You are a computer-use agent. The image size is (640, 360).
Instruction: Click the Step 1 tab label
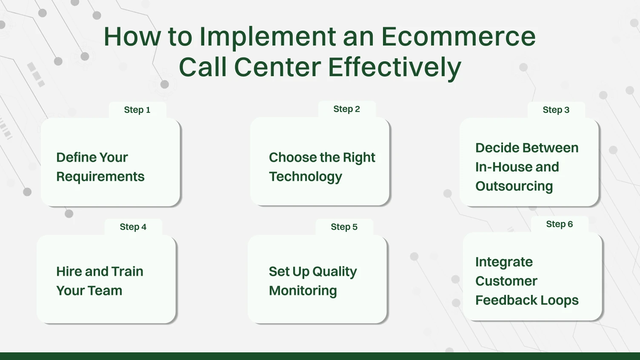pos(137,110)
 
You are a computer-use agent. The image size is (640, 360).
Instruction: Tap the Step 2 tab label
pos(346,109)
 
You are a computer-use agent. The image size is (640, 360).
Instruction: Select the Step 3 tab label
pos(556,110)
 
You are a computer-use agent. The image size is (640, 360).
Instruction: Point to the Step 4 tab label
pos(133,227)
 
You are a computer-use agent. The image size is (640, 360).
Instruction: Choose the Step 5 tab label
pos(344,227)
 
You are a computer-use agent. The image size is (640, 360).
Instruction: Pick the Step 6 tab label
pos(559,224)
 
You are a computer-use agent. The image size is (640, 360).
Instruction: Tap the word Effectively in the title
pos(394,67)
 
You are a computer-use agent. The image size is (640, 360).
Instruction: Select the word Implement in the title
pos(268,37)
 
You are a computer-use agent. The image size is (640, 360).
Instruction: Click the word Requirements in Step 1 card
pos(100,177)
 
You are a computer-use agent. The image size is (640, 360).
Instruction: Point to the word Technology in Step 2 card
pos(305,177)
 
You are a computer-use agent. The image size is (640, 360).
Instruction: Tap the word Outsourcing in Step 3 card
pos(514,186)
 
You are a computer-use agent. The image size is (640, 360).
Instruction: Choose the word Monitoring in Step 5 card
pos(303,291)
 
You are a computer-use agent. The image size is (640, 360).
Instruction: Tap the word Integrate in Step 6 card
pos(504,262)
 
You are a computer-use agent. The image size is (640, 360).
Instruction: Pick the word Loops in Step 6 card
pos(560,300)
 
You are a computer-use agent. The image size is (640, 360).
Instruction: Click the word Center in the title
pos(277,67)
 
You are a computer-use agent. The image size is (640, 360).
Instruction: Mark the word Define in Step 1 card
pos(74,157)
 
